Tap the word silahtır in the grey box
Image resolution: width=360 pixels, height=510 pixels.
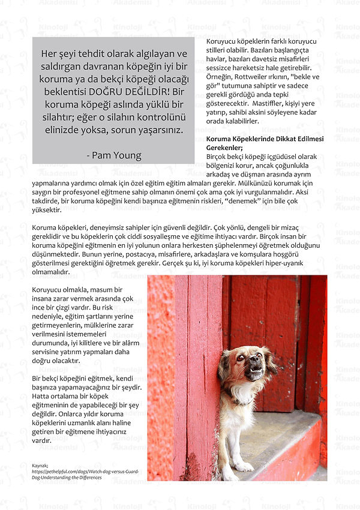tap(58, 117)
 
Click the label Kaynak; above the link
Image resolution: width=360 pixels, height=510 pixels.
tap(40, 464)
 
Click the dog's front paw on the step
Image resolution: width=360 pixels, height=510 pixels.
tap(243, 466)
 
